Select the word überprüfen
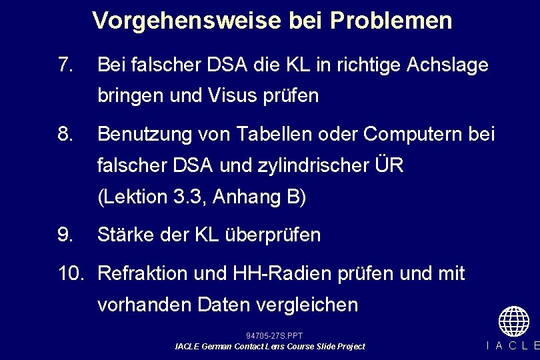coord(269,235)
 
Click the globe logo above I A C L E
coord(513,321)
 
